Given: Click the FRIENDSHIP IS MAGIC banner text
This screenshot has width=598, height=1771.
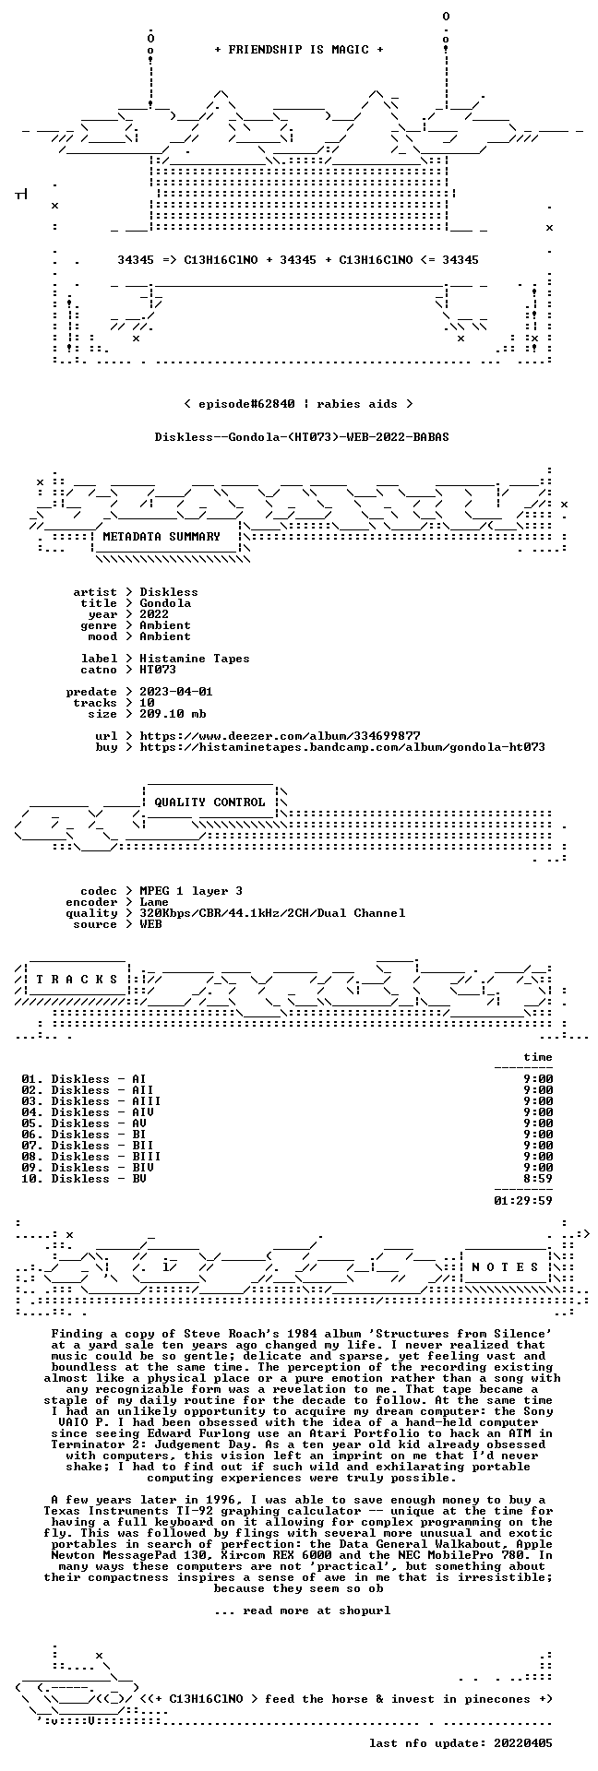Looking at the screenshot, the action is click(298, 50).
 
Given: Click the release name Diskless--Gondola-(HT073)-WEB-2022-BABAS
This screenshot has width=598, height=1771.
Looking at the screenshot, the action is click(302, 437).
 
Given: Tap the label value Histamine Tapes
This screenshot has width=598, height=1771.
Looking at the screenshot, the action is click(195, 659).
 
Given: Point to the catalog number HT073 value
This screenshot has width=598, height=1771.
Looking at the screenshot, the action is click(158, 670).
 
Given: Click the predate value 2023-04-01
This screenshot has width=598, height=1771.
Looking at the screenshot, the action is click(176, 692).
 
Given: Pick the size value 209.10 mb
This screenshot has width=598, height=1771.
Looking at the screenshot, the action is click(173, 714).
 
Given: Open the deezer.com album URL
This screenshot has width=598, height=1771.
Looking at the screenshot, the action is click(280, 736).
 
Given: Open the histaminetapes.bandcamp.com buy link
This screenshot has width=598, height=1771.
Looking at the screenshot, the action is click(342, 747).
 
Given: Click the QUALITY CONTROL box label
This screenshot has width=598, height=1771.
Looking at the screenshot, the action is click(209, 802).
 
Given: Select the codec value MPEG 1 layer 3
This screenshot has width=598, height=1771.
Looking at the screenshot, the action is click(191, 891).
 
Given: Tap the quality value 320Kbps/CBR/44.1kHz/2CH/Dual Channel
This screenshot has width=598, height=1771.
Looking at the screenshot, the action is click(272, 913).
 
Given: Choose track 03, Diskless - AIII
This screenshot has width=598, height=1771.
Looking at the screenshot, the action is click(91, 1101).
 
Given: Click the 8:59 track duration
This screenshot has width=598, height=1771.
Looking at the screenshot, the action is click(538, 1179).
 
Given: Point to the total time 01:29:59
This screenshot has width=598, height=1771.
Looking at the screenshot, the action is click(523, 1201).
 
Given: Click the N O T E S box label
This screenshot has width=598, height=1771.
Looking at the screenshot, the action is click(505, 1267).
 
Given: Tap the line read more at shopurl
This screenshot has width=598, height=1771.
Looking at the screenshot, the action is click(302, 1611).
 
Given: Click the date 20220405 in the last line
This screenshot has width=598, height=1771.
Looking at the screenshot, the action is click(523, 1743).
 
